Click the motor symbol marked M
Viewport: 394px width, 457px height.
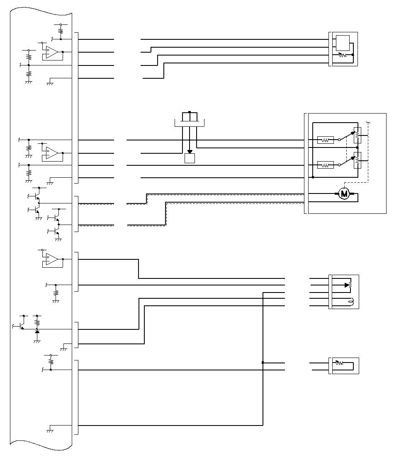[x=344, y=193]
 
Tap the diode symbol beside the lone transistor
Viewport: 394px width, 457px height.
[x=37, y=331]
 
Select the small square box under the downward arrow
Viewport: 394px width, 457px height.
[x=190, y=158]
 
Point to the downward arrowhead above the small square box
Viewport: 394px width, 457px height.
[x=190, y=152]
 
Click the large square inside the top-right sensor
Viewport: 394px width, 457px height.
[x=343, y=43]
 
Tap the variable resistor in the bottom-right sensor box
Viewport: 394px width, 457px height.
[x=339, y=363]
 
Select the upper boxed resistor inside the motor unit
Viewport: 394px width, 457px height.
[x=326, y=140]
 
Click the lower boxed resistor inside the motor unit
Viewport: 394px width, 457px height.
[x=326, y=165]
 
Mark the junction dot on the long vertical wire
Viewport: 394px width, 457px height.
[x=263, y=363]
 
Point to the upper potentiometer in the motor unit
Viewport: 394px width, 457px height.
[x=357, y=135]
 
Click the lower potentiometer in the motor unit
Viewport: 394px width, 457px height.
[x=357, y=160]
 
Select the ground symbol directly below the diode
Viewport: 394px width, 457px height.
[x=37, y=341]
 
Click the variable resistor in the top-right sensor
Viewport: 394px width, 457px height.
[x=342, y=55]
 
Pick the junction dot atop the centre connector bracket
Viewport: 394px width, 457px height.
[x=190, y=112]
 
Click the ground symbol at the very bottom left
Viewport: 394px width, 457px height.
[x=50, y=431]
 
